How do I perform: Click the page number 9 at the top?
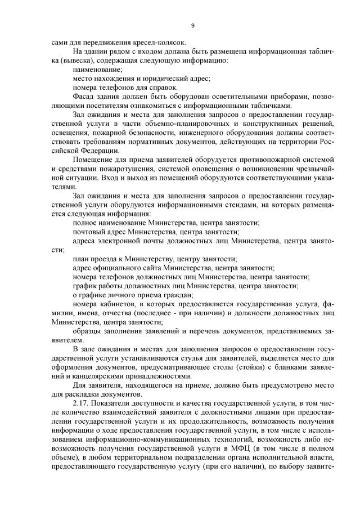click(x=192, y=25)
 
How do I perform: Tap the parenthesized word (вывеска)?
click(x=66, y=60)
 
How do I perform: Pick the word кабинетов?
click(x=116, y=303)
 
